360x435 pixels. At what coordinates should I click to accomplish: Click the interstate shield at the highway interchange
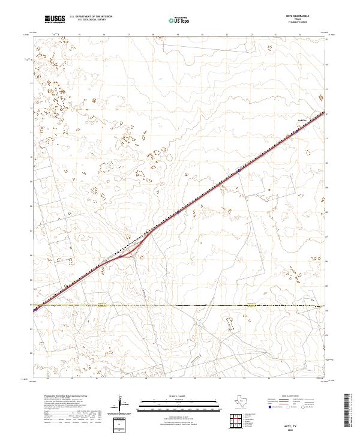121,256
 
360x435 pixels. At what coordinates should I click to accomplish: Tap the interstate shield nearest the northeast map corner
239,170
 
